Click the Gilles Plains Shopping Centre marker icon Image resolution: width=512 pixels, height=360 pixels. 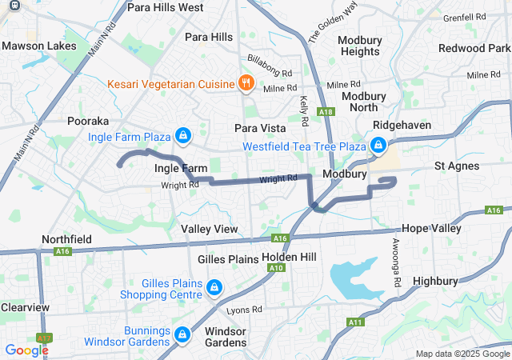[214, 286]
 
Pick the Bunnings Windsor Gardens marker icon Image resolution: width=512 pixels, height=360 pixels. [182, 332]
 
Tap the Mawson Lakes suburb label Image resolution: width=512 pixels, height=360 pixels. [34, 46]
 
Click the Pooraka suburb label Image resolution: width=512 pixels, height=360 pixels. [88, 121]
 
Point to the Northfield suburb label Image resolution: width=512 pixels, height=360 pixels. [67, 240]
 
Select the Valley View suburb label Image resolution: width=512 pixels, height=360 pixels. [210, 229]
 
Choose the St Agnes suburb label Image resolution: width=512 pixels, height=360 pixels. [457, 166]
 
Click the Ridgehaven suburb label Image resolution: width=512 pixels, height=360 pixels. [402, 125]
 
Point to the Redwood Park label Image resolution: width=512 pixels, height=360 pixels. [475, 49]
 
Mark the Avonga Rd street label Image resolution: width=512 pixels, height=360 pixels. [396, 264]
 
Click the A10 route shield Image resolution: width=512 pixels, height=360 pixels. [276, 267]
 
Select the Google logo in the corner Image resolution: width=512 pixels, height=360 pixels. [26, 350]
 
